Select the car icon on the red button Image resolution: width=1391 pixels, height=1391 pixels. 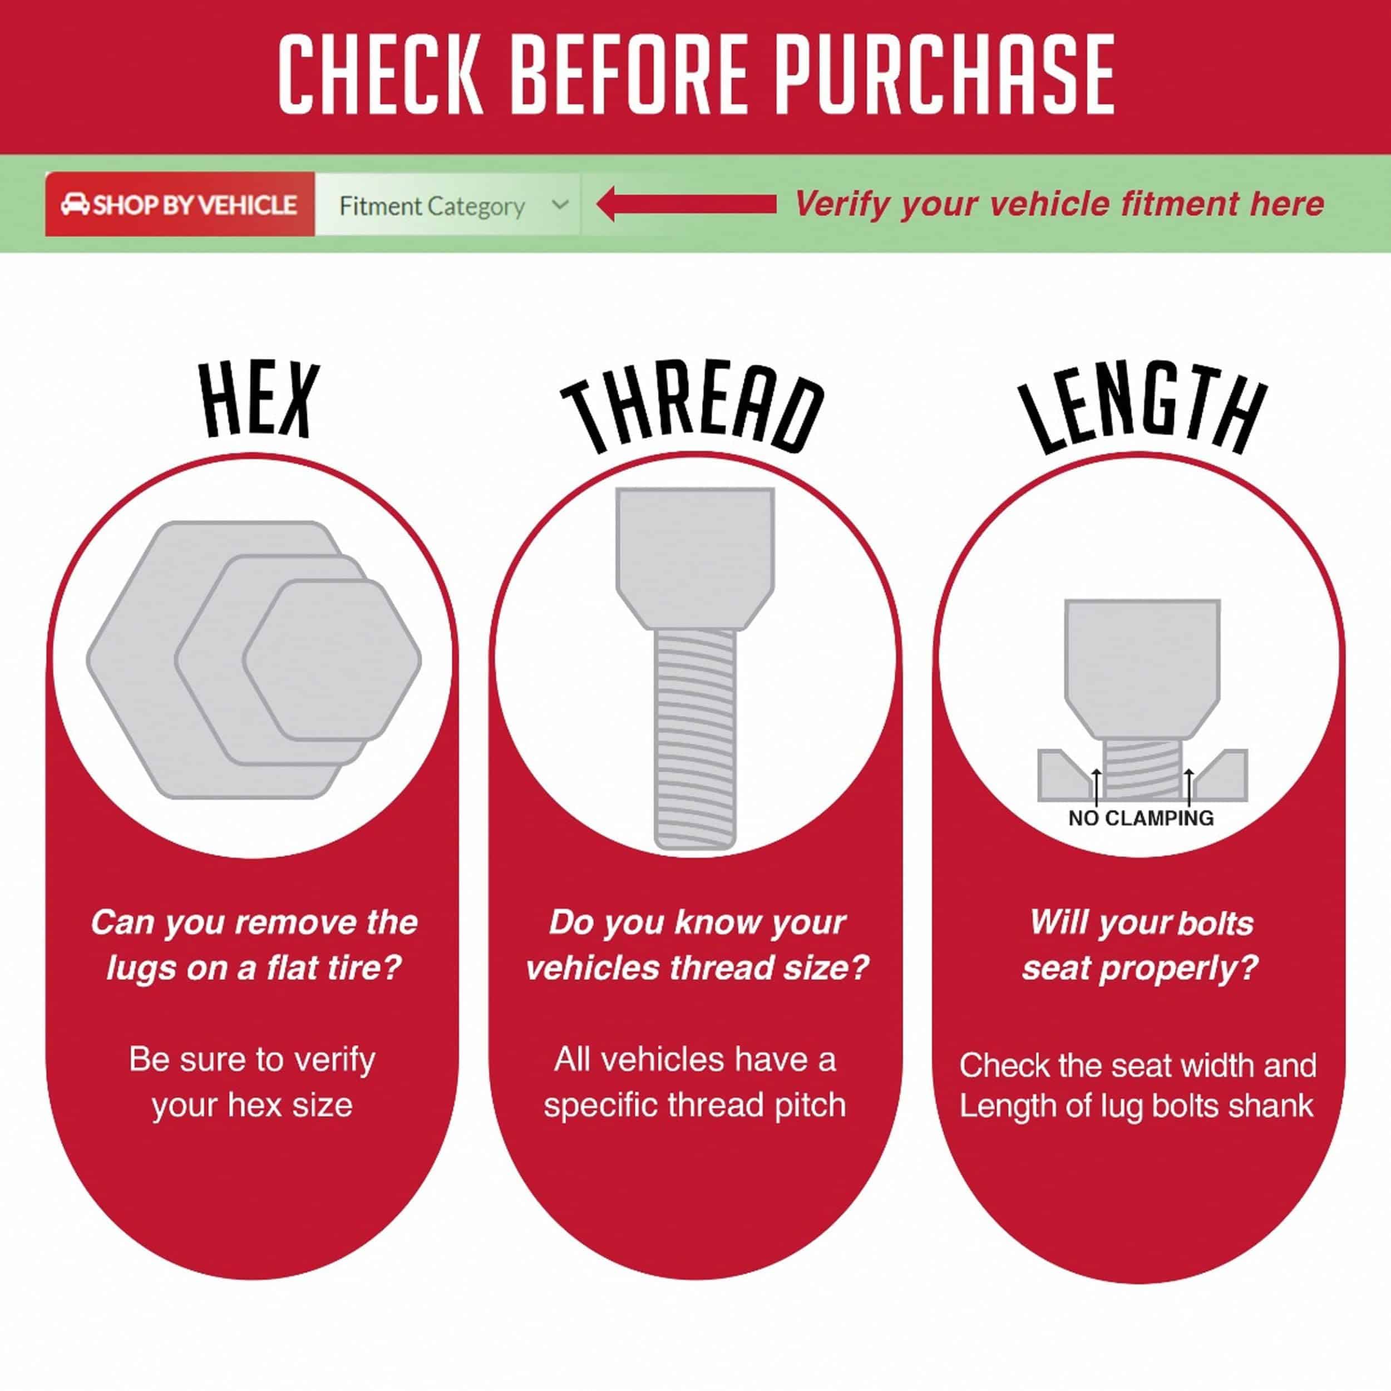(75, 204)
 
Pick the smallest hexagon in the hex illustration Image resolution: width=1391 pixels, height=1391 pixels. (332, 660)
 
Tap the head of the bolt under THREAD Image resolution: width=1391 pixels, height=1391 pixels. (695, 559)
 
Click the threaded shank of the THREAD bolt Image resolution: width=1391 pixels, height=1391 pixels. (695, 739)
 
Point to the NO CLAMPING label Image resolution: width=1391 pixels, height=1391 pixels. (1141, 818)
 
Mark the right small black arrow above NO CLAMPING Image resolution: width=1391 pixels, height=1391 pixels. (1188, 787)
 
